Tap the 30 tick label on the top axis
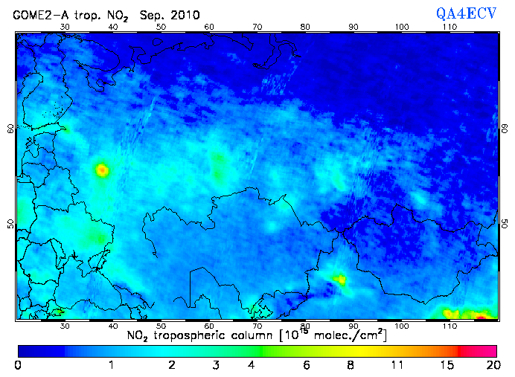point(65,27)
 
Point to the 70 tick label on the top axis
point(257,27)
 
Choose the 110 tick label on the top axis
point(450,27)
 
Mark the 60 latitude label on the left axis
point(10,128)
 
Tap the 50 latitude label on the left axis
point(10,224)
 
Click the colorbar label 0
point(18,365)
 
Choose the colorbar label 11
point(399,365)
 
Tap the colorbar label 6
point(307,365)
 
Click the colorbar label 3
point(215,365)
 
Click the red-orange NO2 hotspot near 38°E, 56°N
point(102,170)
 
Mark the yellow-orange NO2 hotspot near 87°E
point(340,280)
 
